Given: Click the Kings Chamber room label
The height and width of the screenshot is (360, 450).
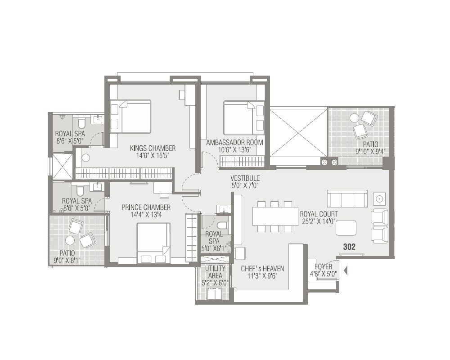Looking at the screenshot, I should [153, 148].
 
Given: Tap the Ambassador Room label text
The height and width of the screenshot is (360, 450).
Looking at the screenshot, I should [234, 142].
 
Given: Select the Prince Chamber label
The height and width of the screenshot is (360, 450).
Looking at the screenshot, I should [146, 207].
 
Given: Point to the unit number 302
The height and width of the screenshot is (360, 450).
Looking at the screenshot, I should [349, 247].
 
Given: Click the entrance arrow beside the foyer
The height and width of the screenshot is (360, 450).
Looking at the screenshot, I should [346, 271].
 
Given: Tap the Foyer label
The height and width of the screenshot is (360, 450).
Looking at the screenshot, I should [323, 267].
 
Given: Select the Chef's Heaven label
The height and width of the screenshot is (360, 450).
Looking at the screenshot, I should [262, 269].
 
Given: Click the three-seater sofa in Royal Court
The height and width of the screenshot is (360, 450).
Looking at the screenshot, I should [347, 198].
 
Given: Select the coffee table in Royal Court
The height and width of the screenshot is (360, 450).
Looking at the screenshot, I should [346, 227].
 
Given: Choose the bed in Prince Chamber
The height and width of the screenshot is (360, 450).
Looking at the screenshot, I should [153, 243].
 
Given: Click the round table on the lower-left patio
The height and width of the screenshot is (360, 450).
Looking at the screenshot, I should [70, 240].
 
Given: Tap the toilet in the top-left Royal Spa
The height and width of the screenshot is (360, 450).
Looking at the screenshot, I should [81, 123].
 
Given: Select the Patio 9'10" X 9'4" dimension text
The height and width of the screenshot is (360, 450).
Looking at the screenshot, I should [371, 151].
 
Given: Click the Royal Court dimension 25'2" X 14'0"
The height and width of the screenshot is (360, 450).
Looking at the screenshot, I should [319, 221].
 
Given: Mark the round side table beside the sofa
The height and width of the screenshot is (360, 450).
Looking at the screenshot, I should [379, 198].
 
